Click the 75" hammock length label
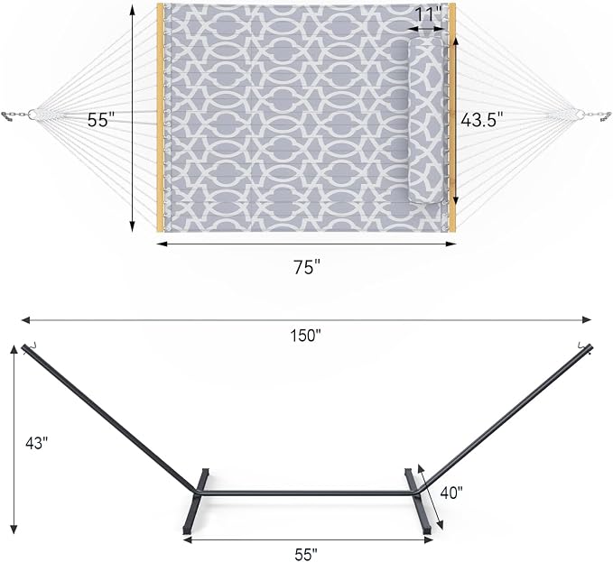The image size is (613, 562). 307,267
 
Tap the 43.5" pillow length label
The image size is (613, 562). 481,119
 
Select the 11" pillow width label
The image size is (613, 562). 428,14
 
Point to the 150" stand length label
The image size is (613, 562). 306,335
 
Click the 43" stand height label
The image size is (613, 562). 36,443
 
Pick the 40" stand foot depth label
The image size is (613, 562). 451,493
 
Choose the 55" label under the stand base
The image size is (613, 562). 306,554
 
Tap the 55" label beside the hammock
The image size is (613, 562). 101,119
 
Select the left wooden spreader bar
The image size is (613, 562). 161,117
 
